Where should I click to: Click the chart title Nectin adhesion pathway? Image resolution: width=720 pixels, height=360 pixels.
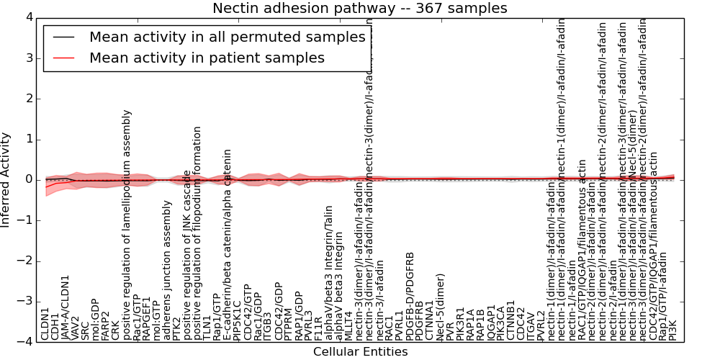coord(359,8)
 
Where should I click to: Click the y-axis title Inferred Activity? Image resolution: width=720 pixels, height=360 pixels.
coord(6,179)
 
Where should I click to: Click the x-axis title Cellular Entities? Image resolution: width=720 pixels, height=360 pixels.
coord(360,352)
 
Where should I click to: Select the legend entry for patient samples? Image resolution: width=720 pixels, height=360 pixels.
coord(207,58)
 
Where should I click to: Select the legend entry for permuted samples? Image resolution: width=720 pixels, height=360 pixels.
coord(227,37)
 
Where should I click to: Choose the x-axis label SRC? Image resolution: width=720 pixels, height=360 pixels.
coord(86,329)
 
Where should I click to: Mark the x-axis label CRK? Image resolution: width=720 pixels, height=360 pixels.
coord(116,329)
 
